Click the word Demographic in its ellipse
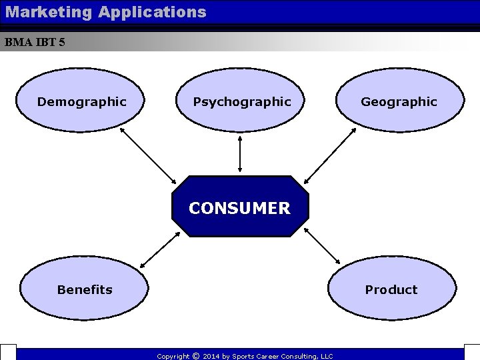pos(81,102)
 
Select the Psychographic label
pos(241,102)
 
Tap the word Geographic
pos(399,102)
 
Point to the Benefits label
pos(85,289)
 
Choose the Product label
pos(391,289)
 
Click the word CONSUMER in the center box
pos(239,208)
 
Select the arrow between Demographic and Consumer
pos(148,155)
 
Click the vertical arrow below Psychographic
pos(240,153)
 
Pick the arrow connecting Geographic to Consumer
pos(331,155)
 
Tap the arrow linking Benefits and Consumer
pos(160,249)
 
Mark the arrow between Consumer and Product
pos(322,245)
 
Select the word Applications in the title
pos(153,11)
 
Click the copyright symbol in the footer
pos(196,356)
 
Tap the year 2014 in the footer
pos(211,357)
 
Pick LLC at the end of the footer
pos(327,357)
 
